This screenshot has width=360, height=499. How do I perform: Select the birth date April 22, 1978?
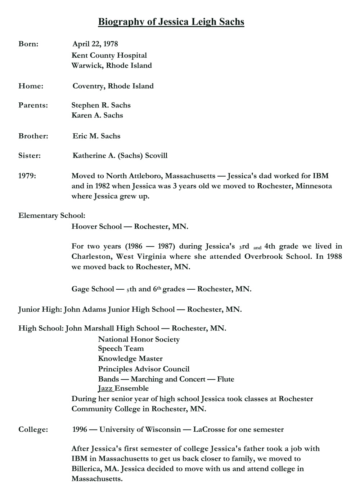click(x=95, y=44)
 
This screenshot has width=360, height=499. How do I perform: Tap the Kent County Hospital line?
click(x=109, y=55)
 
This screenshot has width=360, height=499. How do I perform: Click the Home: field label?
click(x=31, y=86)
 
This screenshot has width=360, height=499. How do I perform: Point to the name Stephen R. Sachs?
click(x=101, y=105)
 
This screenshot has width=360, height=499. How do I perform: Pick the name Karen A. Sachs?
click(x=97, y=115)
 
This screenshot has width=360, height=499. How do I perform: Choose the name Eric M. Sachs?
click(x=96, y=136)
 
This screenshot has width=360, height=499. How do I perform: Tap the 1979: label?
click(x=27, y=176)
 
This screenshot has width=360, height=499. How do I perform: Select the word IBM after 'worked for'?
click(x=320, y=176)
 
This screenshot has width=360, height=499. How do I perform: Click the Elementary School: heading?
click(x=52, y=215)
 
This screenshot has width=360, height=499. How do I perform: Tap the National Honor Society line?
click(x=139, y=339)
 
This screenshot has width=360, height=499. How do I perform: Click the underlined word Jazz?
click(x=105, y=388)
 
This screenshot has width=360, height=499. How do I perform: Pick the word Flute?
click(x=226, y=379)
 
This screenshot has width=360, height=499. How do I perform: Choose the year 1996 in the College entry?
click(x=80, y=429)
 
